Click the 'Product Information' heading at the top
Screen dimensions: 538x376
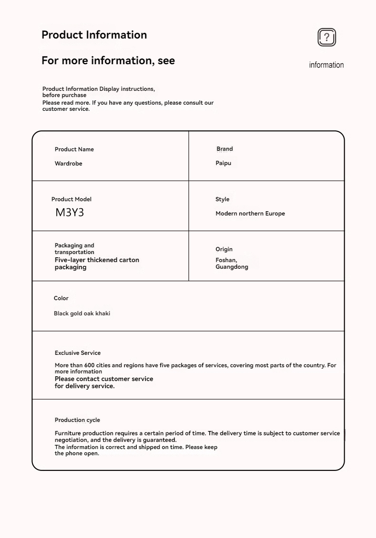94,35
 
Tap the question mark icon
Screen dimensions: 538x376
327,37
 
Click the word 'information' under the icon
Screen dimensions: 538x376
326,65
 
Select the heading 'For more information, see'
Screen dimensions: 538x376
108,60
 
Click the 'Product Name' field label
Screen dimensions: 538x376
74,149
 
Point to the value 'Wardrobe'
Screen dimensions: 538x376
69,164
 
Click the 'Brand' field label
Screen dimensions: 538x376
225,149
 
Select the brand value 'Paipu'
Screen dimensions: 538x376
223,163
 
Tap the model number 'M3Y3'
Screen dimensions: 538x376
69,213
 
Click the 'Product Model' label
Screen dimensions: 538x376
71,199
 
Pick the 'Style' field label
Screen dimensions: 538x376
222,199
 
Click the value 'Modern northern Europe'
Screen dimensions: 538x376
250,214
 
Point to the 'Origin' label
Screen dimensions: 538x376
224,249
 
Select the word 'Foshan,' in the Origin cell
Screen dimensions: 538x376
226,260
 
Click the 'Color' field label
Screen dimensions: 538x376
61,298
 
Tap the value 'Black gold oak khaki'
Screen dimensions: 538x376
82,313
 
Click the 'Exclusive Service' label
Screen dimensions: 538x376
78,353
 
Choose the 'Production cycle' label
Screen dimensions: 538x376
77,420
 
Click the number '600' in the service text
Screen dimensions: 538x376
90,365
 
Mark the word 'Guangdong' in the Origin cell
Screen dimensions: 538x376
232,267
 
